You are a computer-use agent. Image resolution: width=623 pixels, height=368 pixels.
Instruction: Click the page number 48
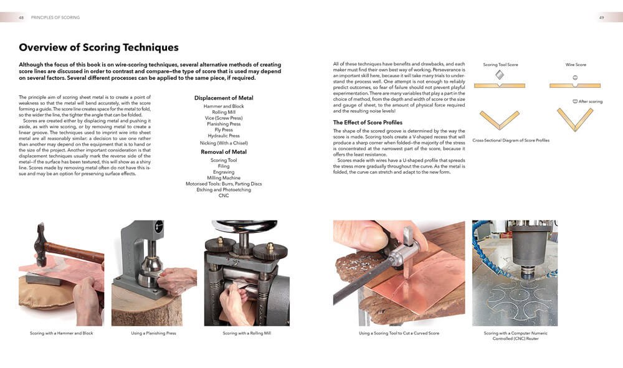22,17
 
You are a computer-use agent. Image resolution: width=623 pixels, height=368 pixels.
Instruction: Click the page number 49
601,17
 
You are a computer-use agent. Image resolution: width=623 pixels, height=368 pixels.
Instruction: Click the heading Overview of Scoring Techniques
98,47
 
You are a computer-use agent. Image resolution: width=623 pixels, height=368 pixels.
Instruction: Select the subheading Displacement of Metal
224,98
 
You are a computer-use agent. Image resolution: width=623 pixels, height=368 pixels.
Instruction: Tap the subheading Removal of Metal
224,152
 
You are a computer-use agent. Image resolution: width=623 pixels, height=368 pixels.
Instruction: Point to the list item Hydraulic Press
224,136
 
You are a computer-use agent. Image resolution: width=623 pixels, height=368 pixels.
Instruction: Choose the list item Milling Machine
224,178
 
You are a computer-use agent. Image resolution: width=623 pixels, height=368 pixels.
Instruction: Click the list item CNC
224,196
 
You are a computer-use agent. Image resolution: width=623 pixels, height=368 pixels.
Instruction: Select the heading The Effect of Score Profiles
368,123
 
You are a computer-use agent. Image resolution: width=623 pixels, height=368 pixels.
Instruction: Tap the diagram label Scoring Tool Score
500,65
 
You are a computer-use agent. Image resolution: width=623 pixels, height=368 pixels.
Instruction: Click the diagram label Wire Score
575,65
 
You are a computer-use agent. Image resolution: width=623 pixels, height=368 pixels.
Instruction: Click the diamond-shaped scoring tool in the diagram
499,74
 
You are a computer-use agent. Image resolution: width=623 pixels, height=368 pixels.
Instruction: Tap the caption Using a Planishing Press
153,334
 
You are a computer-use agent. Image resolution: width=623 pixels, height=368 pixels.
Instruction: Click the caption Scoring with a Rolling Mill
247,334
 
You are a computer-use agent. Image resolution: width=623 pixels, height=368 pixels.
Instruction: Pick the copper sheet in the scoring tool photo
424,274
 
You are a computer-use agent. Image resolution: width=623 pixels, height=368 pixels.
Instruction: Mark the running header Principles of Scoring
55,17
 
